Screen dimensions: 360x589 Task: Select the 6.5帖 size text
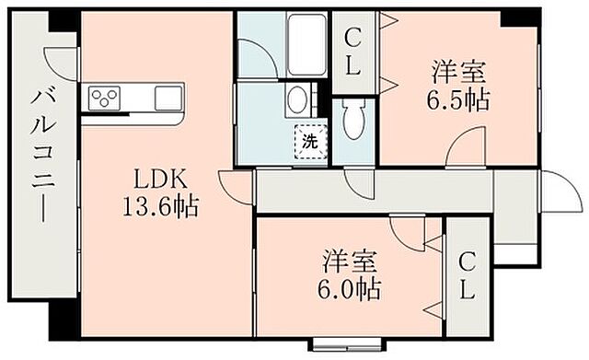(457, 98)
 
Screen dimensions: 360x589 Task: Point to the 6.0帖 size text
(351, 288)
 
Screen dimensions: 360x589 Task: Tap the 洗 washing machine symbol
(310, 142)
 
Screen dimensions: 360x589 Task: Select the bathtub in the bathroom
(304, 40)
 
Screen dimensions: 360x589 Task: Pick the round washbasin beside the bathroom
(295, 99)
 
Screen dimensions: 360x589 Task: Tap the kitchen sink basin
(168, 97)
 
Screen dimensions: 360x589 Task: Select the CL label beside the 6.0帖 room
(467, 276)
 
